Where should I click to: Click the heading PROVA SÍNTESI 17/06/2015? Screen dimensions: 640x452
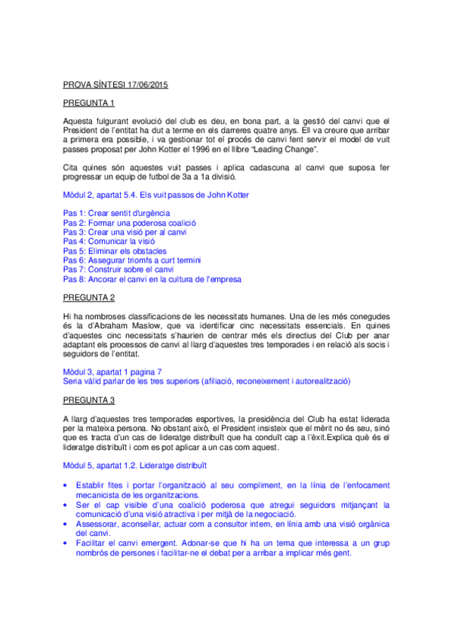pos(115,85)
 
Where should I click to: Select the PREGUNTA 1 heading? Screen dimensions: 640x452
pos(88,103)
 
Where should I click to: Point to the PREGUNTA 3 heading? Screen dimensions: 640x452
pos(88,399)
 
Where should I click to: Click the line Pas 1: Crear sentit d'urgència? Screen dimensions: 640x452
pos(116,213)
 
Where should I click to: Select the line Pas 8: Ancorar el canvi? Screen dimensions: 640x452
pos(152,279)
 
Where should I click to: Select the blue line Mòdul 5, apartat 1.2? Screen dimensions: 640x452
pos(134,466)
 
